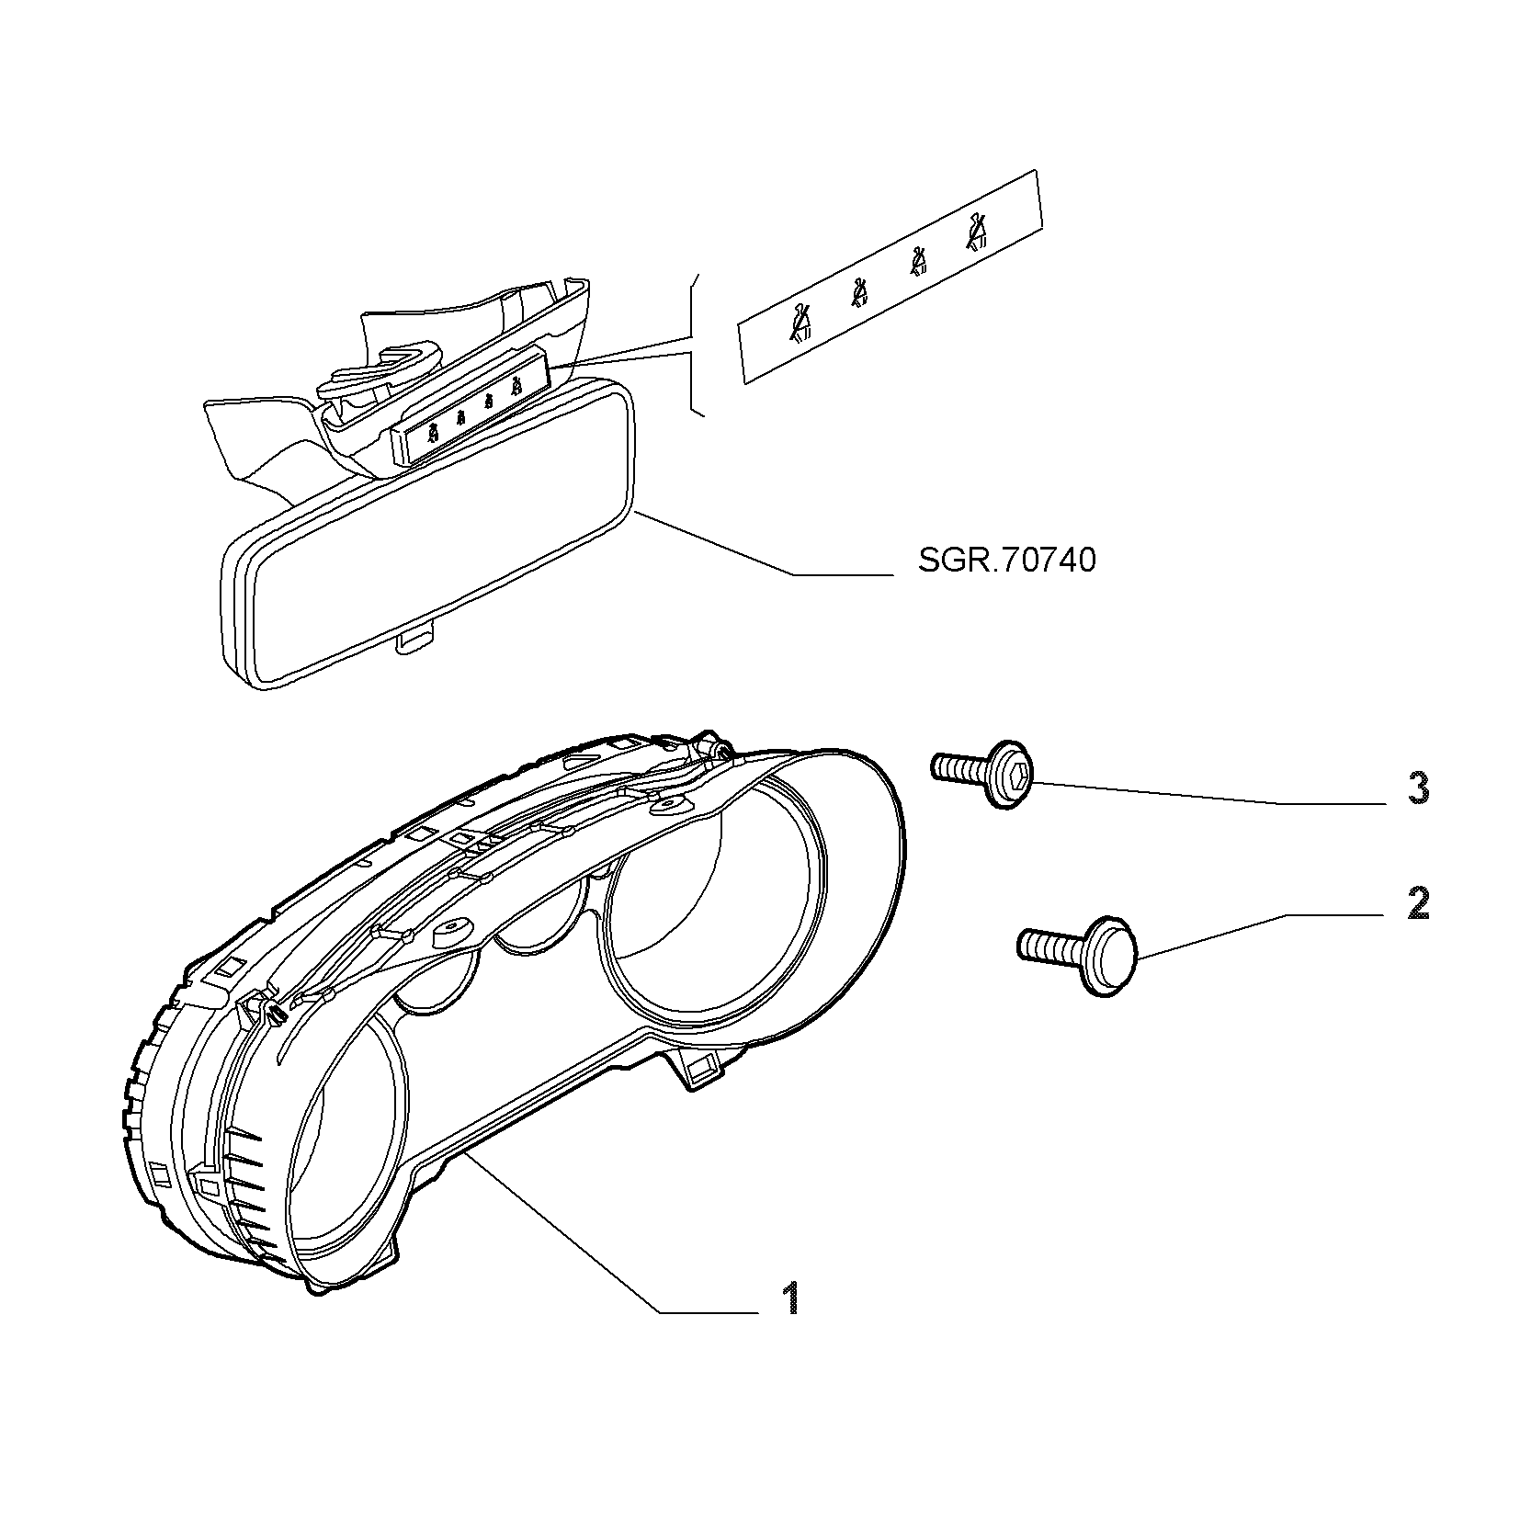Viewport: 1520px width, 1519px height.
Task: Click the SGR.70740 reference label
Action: [x=1007, y=560]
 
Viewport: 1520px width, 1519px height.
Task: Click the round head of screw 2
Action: [x=1109, y=955]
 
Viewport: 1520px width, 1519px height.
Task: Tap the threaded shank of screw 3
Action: [x=958, y=768]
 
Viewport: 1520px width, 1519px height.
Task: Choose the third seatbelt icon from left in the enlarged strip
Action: [x=918, y=262]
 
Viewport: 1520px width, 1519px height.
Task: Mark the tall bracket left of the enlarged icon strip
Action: [x=695, y=344]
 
